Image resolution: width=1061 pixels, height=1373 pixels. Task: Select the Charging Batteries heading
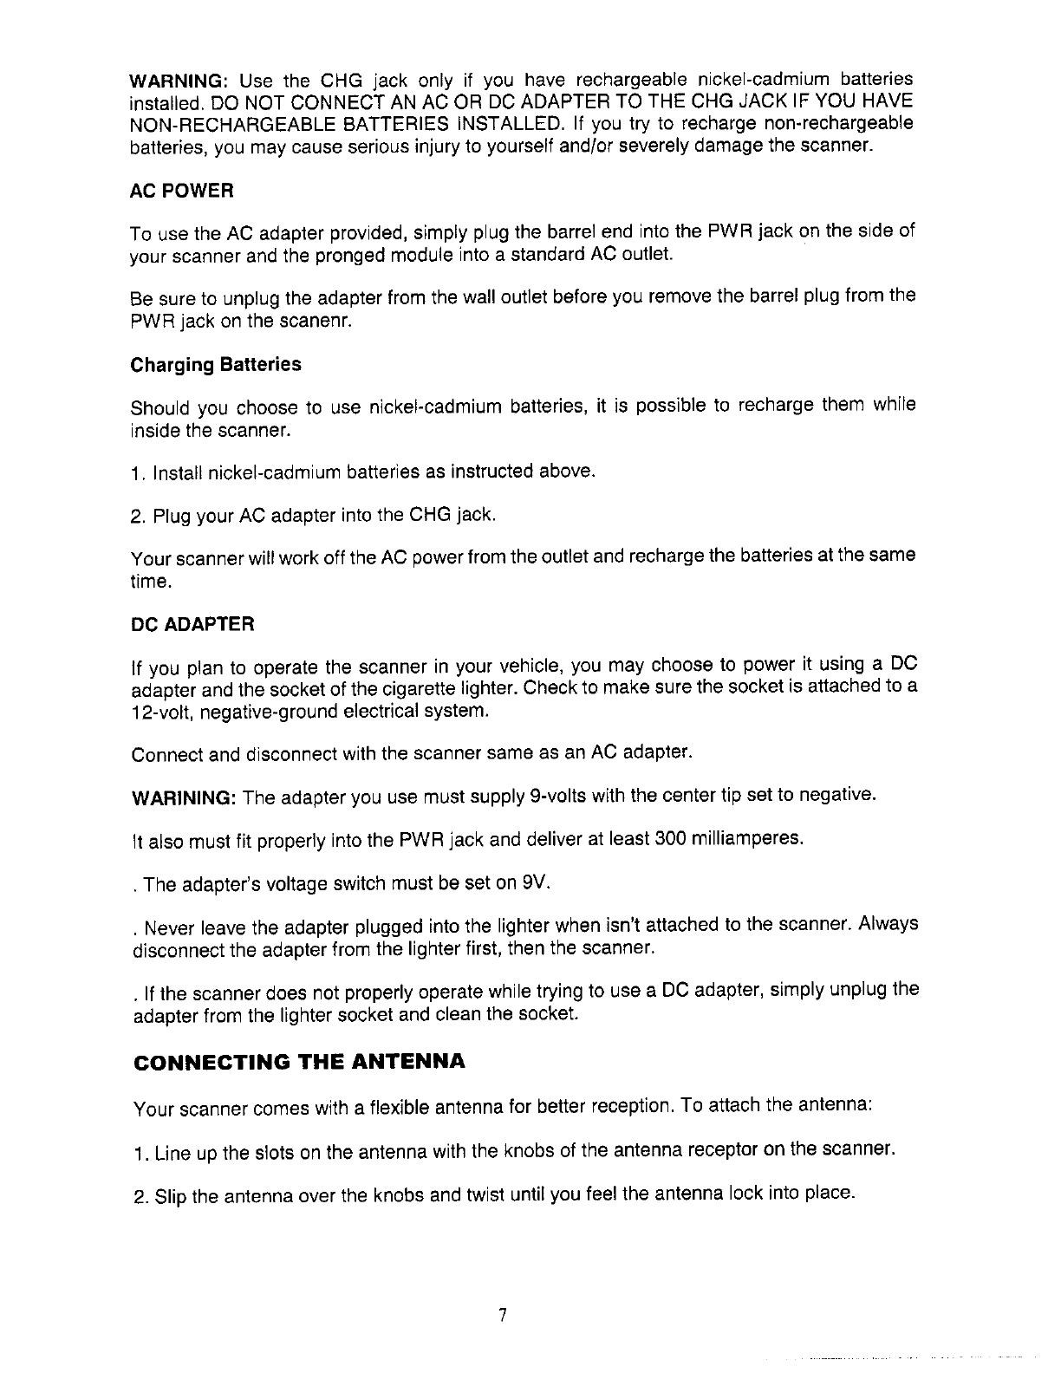point(216,364)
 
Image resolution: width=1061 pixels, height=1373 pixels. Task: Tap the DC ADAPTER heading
point(192,624)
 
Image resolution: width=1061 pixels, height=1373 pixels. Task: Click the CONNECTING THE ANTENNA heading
point(298,1062)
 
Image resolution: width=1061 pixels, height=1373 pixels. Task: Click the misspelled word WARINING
point(183,797)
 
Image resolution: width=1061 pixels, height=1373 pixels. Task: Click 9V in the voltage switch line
point(534,883)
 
